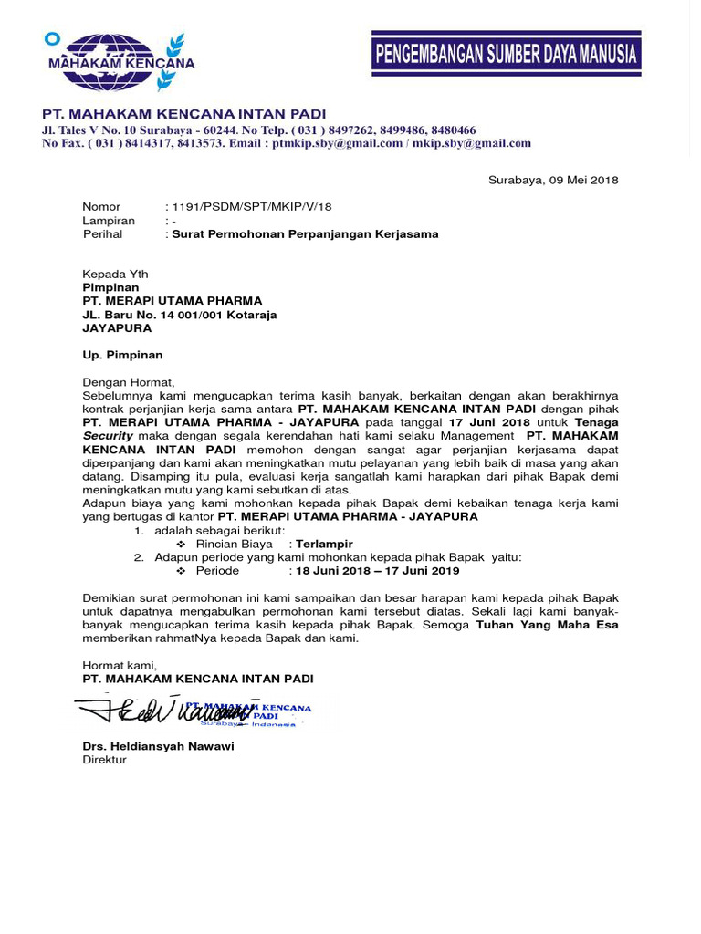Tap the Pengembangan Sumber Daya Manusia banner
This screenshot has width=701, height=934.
pos(506,55)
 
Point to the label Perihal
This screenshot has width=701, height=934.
pos(102,234)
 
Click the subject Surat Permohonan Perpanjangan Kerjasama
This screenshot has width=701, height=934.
pos(306,234)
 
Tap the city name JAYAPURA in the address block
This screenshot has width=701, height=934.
pos(118,328)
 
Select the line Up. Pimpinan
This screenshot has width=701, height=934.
pos(122,355)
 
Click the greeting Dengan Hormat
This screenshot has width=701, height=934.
pos(128,382)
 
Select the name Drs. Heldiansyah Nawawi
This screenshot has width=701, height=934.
pos(158,746)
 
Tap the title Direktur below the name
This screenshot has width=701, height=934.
pos(105,759)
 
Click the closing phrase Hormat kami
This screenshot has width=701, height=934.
pos(120,666)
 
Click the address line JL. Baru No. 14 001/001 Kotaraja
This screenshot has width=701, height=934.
pos(180,315)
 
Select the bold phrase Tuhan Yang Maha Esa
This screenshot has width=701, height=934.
pos(547,625)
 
